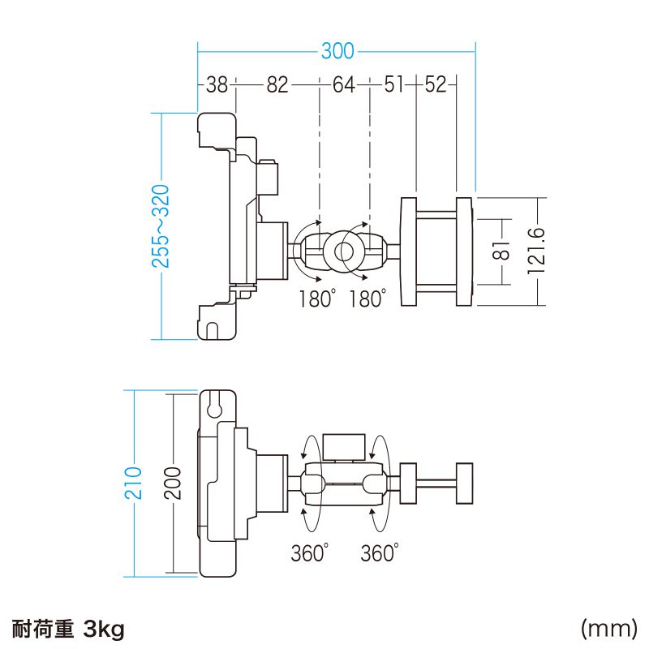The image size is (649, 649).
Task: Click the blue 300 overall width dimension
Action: (337, 51)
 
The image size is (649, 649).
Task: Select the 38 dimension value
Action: (216, 84)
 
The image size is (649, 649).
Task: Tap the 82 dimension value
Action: (277, 84)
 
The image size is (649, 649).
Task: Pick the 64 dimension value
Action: (344, 84)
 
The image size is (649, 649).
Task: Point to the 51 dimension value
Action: (394, 84)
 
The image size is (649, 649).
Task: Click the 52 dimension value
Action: (436, 84)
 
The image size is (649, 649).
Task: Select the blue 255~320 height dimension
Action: (161, 226)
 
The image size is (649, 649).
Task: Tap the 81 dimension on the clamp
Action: (502, 251)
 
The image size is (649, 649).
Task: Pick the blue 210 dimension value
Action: (135, 483)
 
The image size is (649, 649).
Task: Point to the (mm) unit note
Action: (607, 629)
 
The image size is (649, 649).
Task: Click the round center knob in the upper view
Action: (344, 250)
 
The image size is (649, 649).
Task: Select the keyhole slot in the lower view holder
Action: (216, 405)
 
